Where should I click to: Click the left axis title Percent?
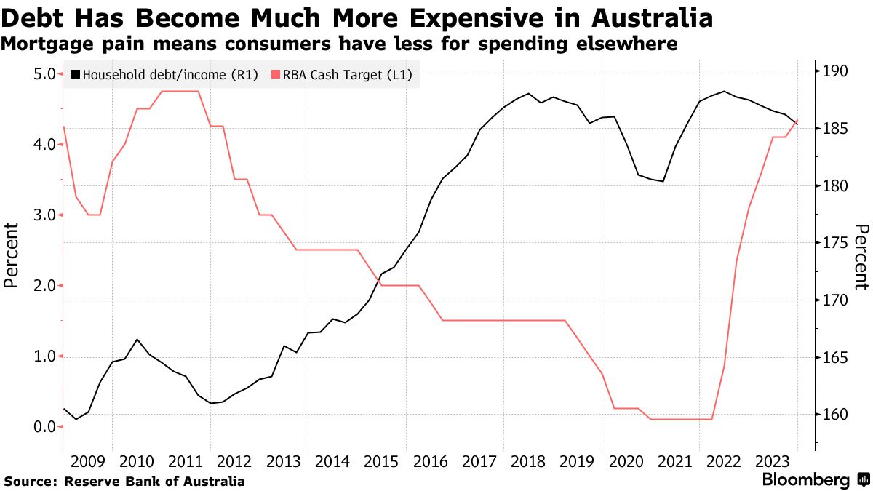point(12,255)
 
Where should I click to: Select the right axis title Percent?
point(861,257)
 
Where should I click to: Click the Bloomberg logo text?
point(805,480)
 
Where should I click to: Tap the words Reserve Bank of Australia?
point(154,482)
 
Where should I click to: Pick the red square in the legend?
point(275,74)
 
